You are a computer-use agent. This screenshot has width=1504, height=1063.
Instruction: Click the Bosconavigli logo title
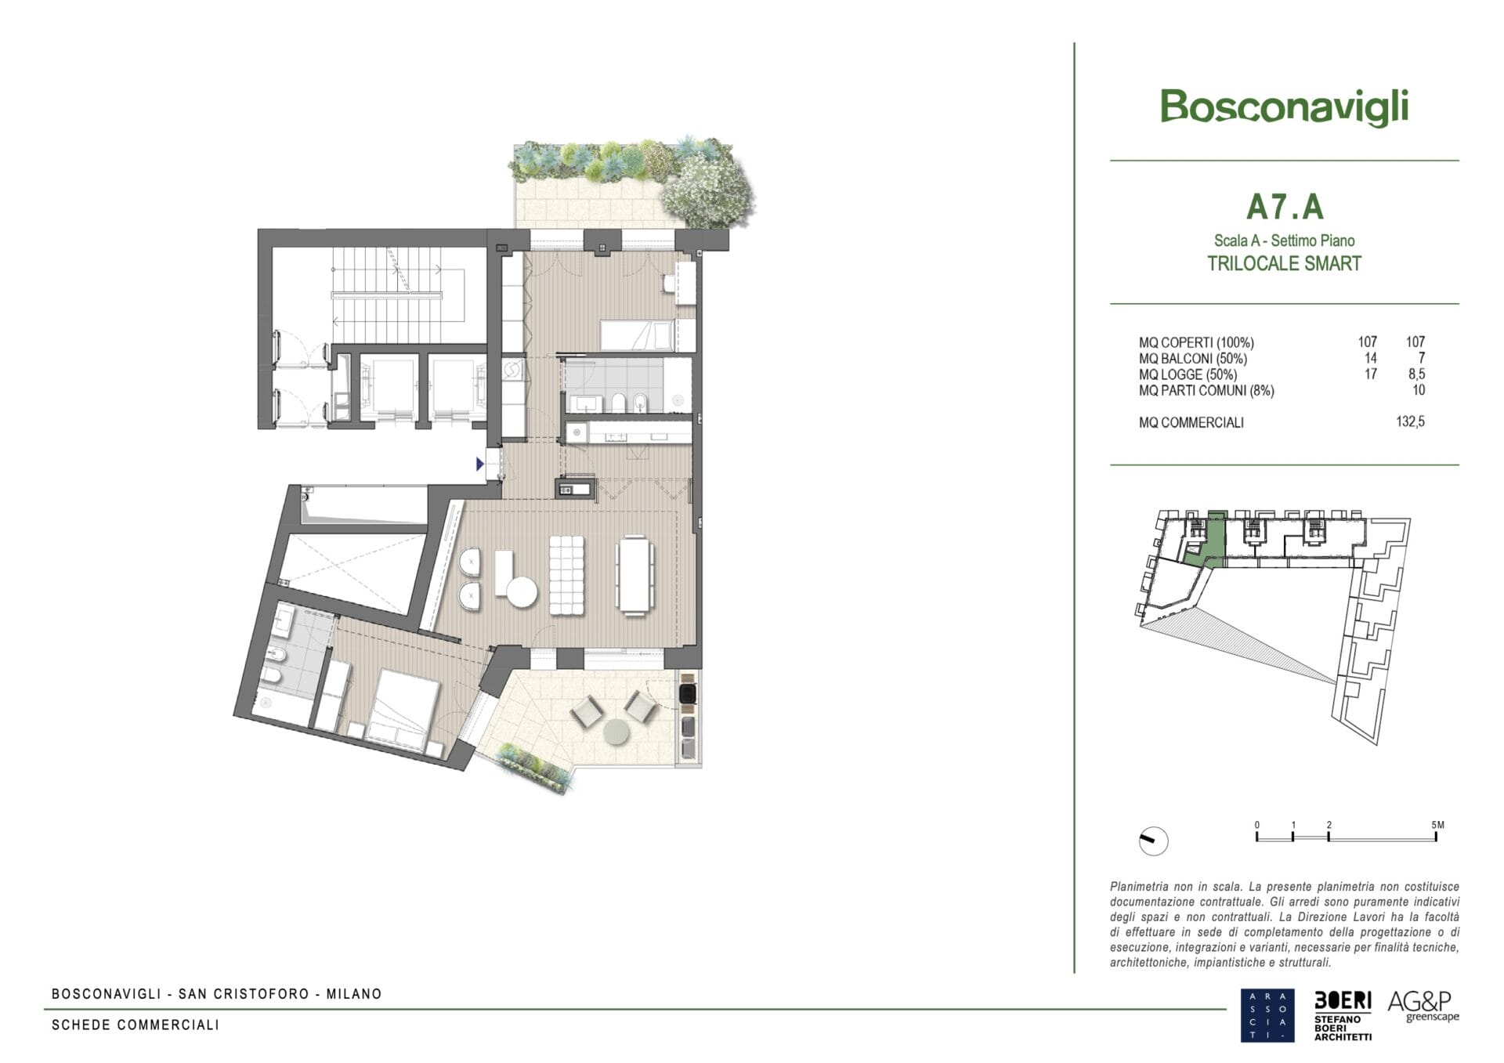(x=1284, y=107)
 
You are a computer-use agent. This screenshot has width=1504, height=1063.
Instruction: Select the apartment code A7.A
(x=1285, y=207)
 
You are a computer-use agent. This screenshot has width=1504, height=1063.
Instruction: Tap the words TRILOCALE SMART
(x=1284, y=263)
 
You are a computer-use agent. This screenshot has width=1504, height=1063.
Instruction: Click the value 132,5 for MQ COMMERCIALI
(x=1410, y=421)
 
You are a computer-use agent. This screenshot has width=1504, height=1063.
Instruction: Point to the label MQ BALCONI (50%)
(x=1193, y=359)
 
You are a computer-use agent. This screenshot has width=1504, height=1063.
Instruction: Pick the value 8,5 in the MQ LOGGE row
(x=1416, y=374)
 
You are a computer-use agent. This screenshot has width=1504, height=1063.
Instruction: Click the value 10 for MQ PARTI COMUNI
(x=1418, y=390)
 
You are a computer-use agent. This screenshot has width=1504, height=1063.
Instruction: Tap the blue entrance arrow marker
(x=480, y=465)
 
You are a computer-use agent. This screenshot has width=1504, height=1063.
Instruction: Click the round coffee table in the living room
(x=521, y=591)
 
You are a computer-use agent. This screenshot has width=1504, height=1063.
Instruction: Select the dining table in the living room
(x=635, y=573)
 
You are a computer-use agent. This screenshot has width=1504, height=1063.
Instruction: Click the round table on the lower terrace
(x=616, y=732)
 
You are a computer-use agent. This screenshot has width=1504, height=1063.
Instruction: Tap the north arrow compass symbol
(x=1153, y=841)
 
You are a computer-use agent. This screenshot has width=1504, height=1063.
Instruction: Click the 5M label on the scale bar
(x=1437, y=825)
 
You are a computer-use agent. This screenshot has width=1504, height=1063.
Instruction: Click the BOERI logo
(x=1343, y=1016)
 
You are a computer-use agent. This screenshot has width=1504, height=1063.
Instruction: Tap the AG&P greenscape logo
(x=1423, y=1006)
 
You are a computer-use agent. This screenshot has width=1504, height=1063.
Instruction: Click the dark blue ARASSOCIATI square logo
(x=1267, y=1015)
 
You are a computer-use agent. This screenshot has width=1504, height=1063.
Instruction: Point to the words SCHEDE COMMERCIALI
(x=136, y=1025)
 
